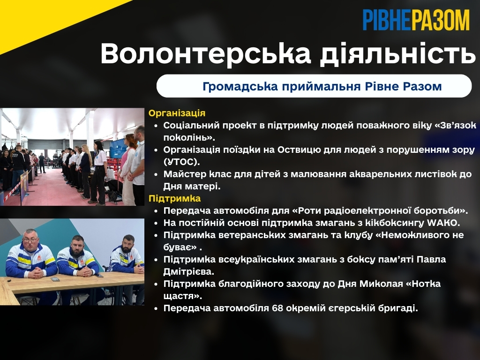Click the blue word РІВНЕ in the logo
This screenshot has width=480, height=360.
[387, 20]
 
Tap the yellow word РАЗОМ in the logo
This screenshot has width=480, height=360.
[440, 20]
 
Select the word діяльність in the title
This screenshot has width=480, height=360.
[397, 54]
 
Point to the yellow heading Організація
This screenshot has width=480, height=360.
[177, 113]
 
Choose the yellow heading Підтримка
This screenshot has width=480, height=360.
[175, 199]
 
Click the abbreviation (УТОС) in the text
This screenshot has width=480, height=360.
[181, 162]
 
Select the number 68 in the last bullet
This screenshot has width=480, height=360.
[277, 308]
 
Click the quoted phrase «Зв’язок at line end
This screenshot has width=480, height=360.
[456, 126]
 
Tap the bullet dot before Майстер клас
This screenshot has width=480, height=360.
[156, 174]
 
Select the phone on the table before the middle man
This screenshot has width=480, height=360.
[55, 279]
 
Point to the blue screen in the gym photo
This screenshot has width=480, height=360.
[118, 149]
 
